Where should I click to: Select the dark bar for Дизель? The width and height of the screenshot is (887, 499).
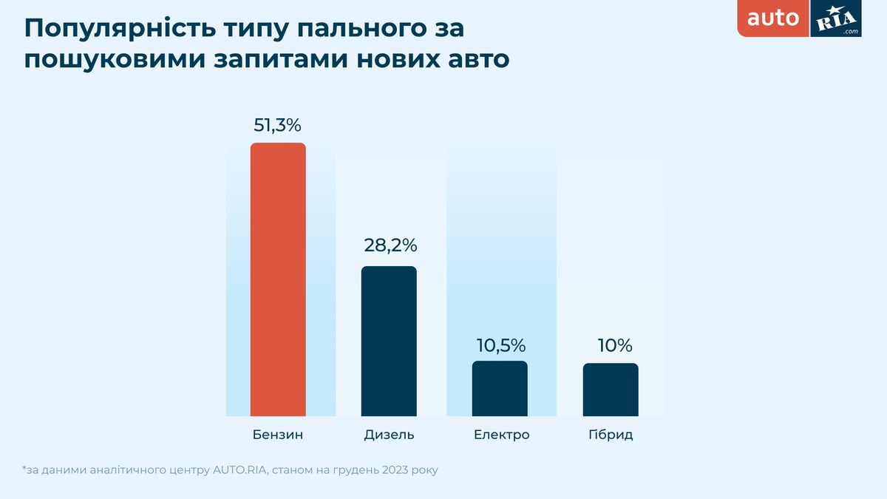click(x=389, y=341)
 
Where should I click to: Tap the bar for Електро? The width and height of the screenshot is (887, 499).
click(x=500, y=388)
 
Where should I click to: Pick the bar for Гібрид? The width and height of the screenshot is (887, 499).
click(x=611, y=390)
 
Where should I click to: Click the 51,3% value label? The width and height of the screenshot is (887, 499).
click(x=278, y=126)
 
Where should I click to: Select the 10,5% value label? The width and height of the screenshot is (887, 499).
click(x=500, y=344)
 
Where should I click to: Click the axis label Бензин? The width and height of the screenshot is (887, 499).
click(x=278, y=435)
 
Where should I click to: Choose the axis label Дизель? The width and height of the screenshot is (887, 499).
click(x=389, y=435)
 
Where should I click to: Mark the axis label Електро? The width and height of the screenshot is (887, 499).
click(x=502, y=435)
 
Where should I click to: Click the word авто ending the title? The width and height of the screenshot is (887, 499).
click(x=476, y=59)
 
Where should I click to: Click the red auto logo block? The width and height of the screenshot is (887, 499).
click(x=773, y=18)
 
